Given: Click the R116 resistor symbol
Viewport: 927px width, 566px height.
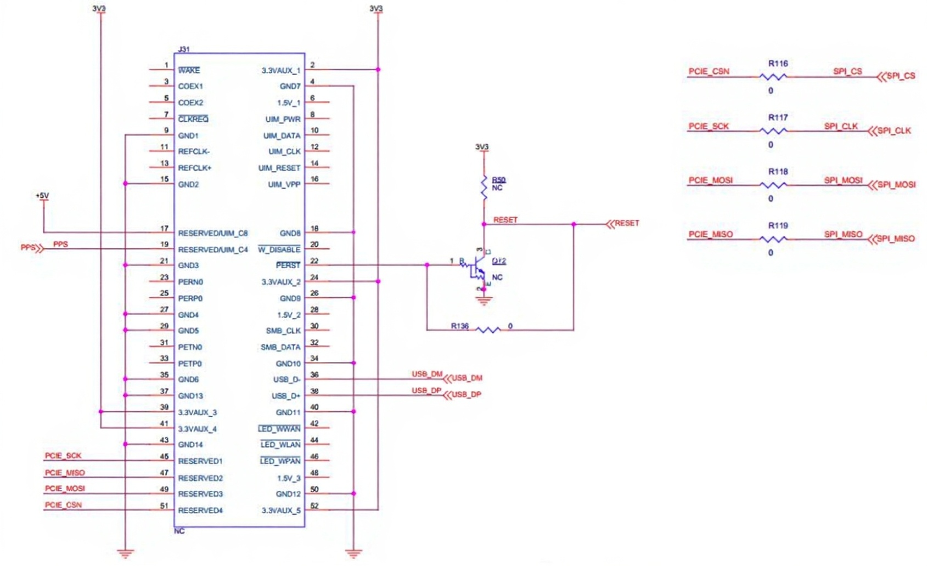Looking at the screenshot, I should click(x=773, y=77).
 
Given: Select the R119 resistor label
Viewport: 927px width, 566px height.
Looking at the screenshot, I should click(x=778, y=225).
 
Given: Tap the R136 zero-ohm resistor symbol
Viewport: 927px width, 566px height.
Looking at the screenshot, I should click(x=487, y=330).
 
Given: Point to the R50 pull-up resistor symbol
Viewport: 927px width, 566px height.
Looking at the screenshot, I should click(x=484, y=187).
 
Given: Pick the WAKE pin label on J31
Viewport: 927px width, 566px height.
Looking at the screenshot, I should click(x=189, y=70).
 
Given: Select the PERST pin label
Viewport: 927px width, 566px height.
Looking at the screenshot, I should click(x=288, y=265).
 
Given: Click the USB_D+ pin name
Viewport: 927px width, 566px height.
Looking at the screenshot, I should click(x=286, y=396).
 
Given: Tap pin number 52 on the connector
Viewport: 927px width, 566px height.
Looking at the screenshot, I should click(x=314, y=506).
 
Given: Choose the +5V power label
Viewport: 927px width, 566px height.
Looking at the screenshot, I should click(x=42, y=196).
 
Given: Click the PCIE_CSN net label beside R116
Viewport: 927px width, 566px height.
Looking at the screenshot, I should click(x=709, y=71).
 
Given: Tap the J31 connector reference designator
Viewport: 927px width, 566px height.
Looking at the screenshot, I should click(x=184, y=49).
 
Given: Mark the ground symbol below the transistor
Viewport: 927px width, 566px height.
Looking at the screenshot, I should click(x=484, y=300).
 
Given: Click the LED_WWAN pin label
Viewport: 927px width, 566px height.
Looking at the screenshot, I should click(x=280, y=429).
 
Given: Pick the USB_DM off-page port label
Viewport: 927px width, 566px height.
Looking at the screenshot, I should click(x=467, y=378).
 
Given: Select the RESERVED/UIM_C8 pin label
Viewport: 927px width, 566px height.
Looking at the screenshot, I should click(x=212, y=233).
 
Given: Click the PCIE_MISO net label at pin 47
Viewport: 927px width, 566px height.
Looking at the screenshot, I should click(x=65, y=473).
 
